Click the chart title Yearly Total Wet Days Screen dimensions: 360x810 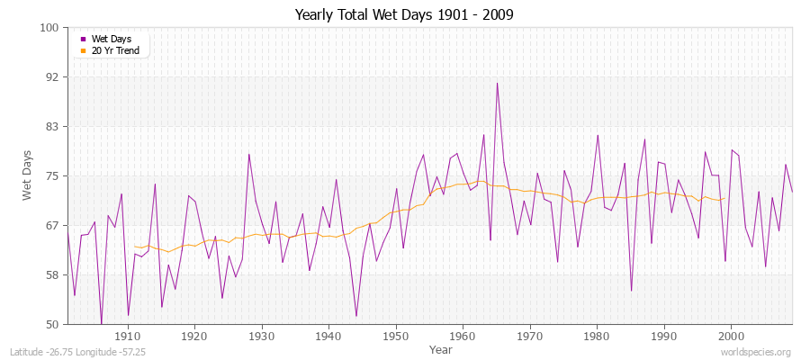click(404, 15)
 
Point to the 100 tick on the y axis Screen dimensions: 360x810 click(50, 28)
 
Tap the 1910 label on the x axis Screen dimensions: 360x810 click(127, 336)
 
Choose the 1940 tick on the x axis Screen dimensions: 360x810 click(328, 336)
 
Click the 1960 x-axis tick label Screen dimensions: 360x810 click(463, 336)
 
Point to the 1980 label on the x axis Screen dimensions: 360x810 click(597, 336)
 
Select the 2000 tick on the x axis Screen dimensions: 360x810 click(731, 336)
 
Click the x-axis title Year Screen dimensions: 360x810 click(429, 348)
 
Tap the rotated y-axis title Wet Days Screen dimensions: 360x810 click(27, 176)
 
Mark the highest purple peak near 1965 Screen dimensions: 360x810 click(497, 84)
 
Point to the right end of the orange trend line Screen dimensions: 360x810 click(724, 198)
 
